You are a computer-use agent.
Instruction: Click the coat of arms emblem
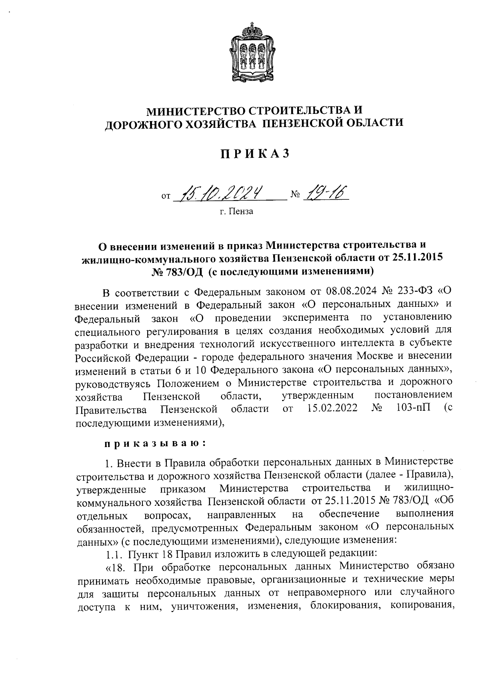[252, 52]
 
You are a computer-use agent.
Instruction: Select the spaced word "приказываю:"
[155, 443]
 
